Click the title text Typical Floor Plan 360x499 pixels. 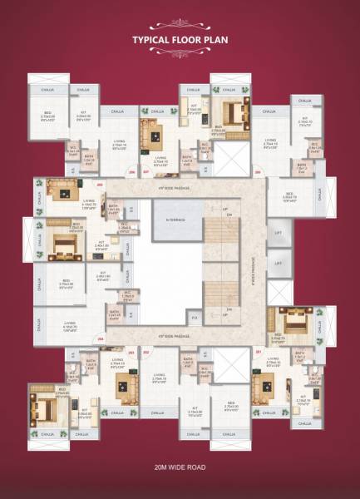pos(180,39)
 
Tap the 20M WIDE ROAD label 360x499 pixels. pos(180,468)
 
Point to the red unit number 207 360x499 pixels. pos(146,173)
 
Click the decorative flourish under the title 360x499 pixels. pos(180,55)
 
